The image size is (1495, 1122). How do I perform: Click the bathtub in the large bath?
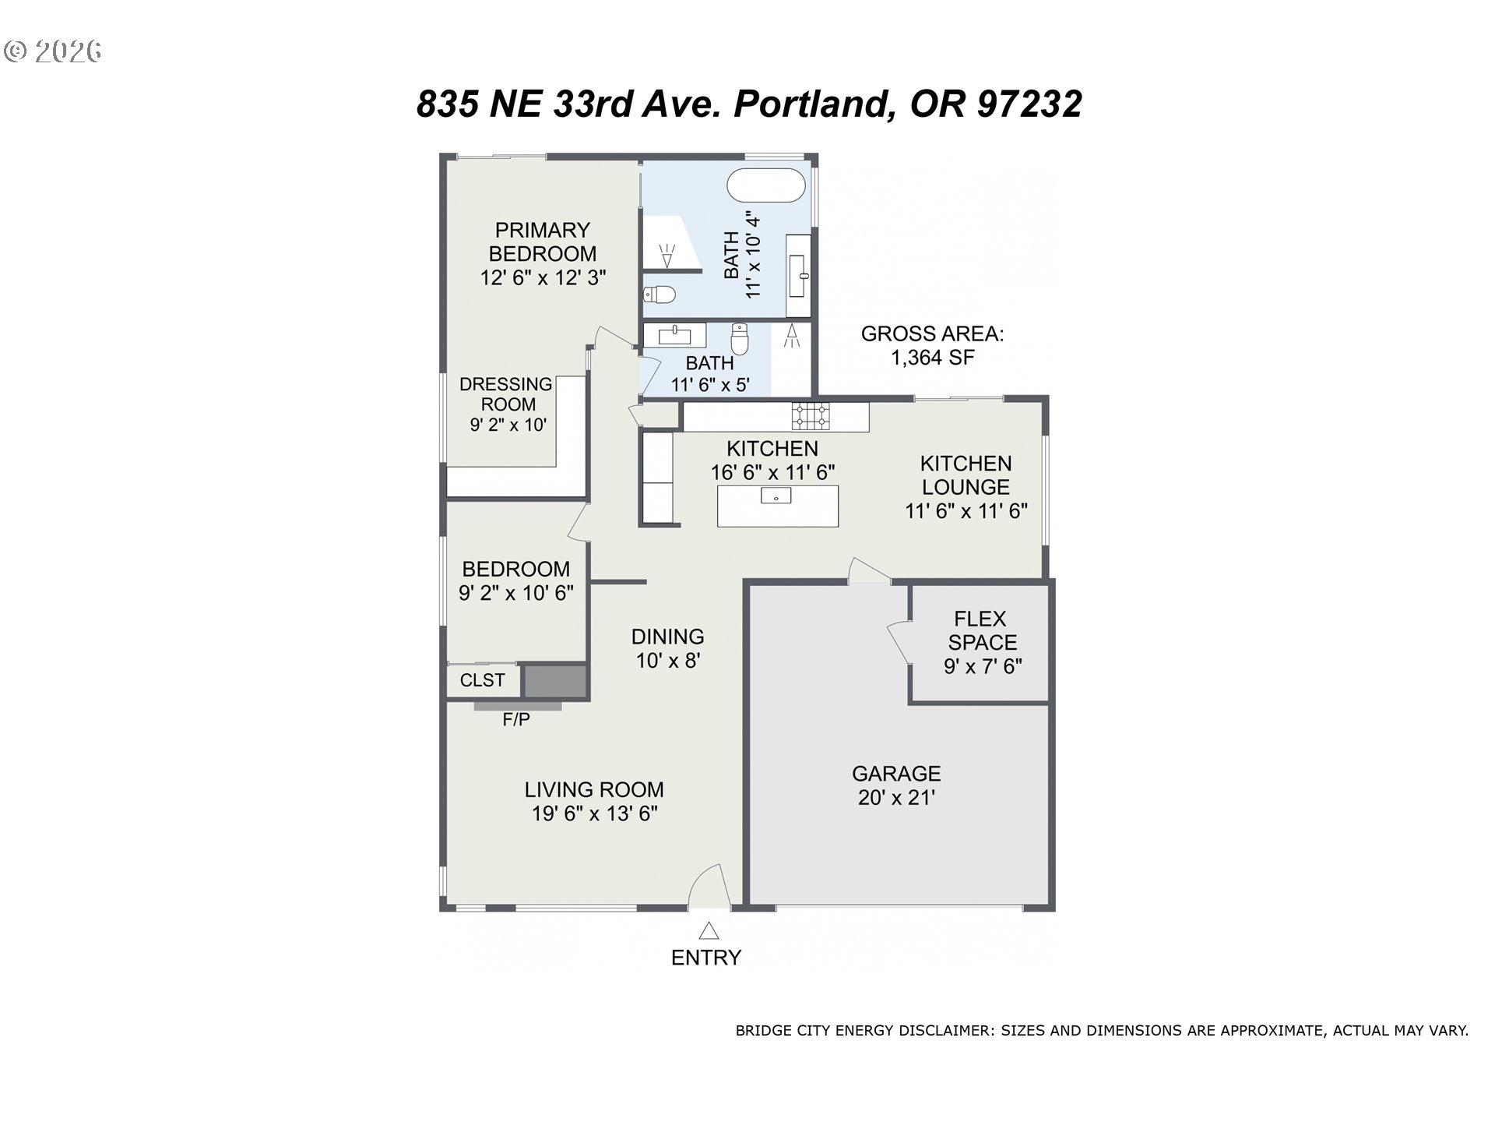click(765, 185)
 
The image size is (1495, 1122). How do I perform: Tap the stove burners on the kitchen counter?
click(811, 416)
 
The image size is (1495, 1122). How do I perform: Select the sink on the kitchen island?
click(776, 496)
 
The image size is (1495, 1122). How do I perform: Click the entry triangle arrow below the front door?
click(709, 930)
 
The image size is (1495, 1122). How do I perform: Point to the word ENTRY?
click(706, 958)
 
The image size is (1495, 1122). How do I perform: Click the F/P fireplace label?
click(516, 720)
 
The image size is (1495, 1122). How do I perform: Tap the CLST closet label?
click(483, 680)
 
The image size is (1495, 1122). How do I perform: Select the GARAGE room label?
click(896, 774)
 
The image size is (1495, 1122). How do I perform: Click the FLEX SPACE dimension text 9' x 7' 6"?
click(983, 666)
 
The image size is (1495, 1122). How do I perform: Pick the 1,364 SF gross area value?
click(933, 358)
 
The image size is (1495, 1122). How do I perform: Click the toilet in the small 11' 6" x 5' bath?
click(740, 339)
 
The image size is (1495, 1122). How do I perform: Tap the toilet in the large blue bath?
click(660, 295)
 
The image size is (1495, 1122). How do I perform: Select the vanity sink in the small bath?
click(674, 336)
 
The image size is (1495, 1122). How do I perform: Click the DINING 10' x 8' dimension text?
click(668, 661)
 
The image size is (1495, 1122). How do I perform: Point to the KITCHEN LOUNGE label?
click(966, 475)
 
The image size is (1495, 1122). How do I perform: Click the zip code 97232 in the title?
click(1029, 104)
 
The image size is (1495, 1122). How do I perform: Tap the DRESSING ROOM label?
click(506, 394)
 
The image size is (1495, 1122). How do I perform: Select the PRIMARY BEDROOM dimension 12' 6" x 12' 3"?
click(543, 277)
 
